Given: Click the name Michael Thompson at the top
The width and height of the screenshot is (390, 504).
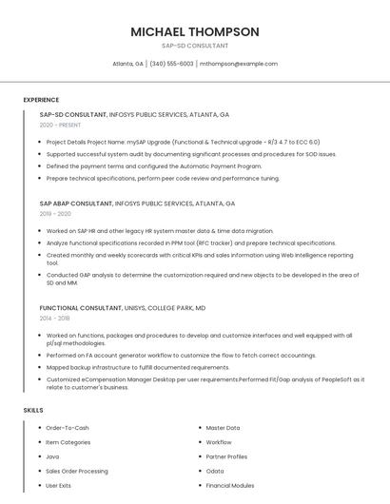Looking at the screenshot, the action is pyautogui.click(x=194, y=31).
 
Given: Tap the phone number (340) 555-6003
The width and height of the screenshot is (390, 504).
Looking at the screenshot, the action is pyautogui.click(x=171, y=64).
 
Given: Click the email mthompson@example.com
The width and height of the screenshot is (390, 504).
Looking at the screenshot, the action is pyautogui.click(x=239, y=64).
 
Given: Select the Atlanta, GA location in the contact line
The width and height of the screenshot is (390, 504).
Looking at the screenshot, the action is pyautogui.click(x=128, y=64).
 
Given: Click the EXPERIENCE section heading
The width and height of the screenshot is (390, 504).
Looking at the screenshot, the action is pyautogui.click(x=41, y=100).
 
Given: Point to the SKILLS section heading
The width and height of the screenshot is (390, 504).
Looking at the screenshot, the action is pyautogui.click(x=33, y=410).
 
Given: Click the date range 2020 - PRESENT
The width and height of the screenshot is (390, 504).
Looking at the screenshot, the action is pyautogui.click(x=60, y=125).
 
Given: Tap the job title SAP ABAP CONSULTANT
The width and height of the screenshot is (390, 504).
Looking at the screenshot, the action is pyautogui.click(x=76, y=204).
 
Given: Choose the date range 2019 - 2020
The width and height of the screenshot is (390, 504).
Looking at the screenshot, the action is pyautogui.click(x=56, y=214).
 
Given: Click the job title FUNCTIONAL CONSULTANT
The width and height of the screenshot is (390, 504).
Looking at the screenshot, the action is pyautogui.click(x=81, y=308).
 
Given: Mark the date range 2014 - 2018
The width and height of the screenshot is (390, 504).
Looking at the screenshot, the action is pyautogui.click(x=56, y=319).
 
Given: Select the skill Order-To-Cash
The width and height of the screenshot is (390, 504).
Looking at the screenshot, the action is pyautogui.click(x=68, y=428).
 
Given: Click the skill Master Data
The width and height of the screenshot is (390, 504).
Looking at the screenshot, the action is pyautogui.click(x=223, y=428).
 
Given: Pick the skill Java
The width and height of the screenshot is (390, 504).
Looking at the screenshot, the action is pyautogui.click(x=52, y=456).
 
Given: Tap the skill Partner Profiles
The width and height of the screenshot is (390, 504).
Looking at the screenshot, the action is pyautogui.click(x=226, y=456).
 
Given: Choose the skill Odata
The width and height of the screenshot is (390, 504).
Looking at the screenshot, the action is pyautogui.click(x=215, y=471).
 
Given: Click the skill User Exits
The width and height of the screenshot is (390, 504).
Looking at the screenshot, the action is pyautogui.click(x=59, y=485).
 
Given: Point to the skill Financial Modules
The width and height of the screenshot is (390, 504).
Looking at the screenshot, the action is pyautogui.click(x=230, y=485).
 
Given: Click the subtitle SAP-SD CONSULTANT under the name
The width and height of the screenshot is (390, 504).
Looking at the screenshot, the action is pyautogui.click(x=194, y=46).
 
